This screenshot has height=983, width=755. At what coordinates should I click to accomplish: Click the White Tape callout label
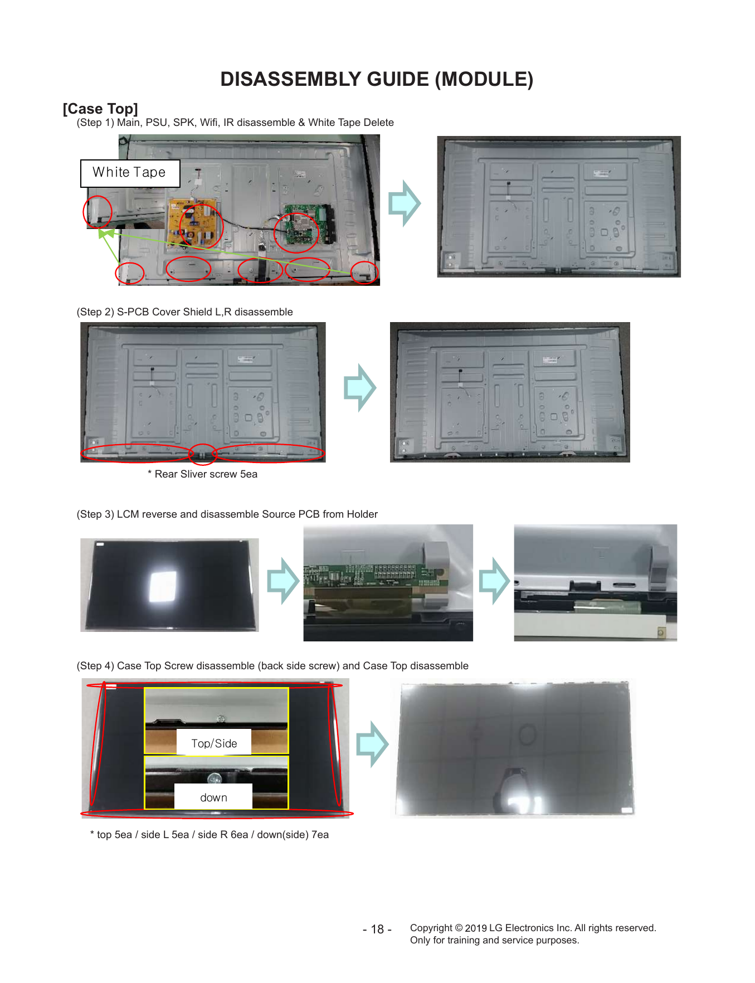tap(130, 173)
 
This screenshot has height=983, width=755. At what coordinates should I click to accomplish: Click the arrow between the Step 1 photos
tap(404, 203)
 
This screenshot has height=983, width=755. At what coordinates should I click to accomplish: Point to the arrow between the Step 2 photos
tap(360, 388)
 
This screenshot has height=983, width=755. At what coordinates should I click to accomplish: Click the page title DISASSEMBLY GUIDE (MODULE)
tap(377, 79)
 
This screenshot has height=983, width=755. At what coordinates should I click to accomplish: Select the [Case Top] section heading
tap(100, 109)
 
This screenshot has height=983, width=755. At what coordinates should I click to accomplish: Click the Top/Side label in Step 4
tap(214, 743)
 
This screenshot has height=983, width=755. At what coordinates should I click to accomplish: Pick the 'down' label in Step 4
tap(213, 797)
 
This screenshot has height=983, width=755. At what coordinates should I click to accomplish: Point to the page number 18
tap(377, 929)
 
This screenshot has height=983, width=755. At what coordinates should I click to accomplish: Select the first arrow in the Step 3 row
tap(283, 581)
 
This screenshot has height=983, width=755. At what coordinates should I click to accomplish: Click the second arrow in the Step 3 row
tap(494, 581)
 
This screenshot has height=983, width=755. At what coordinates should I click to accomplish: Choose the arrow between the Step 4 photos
tap(372, 744)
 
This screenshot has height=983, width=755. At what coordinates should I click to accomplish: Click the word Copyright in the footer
tap(431, 928)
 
